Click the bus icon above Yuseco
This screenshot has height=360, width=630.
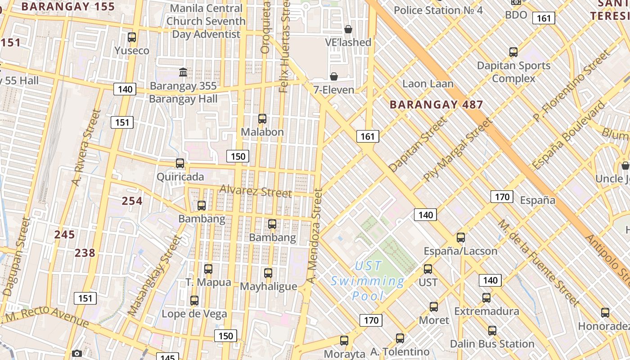tap(132, 37)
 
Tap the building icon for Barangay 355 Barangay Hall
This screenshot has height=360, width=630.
tap(183, 72)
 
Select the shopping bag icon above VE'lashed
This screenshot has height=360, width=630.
tap(348, 29)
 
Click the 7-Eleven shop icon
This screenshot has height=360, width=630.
tap(334, 76)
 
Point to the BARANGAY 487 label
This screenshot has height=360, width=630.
tap(436, 105)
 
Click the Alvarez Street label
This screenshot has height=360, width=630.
tap(256, 191)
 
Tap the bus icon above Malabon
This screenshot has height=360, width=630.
tap(262, 119)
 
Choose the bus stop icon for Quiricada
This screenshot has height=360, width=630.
tap(180, 163)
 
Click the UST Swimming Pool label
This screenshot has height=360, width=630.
tap(368, 281)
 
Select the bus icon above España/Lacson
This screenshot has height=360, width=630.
tap(461, 238)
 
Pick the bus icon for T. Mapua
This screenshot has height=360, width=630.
tap(208, 269)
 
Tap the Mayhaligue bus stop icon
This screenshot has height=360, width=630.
tap(268, 273)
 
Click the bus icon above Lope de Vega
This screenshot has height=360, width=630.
tap(194, 301)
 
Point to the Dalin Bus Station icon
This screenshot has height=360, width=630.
tap(492, 331)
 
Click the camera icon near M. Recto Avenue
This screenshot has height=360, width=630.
tap(77, 353)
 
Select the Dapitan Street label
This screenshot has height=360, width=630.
tap(418, 144)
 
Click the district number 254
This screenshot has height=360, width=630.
tap(132, 201)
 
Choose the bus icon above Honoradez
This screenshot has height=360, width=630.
tap(605, 312)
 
